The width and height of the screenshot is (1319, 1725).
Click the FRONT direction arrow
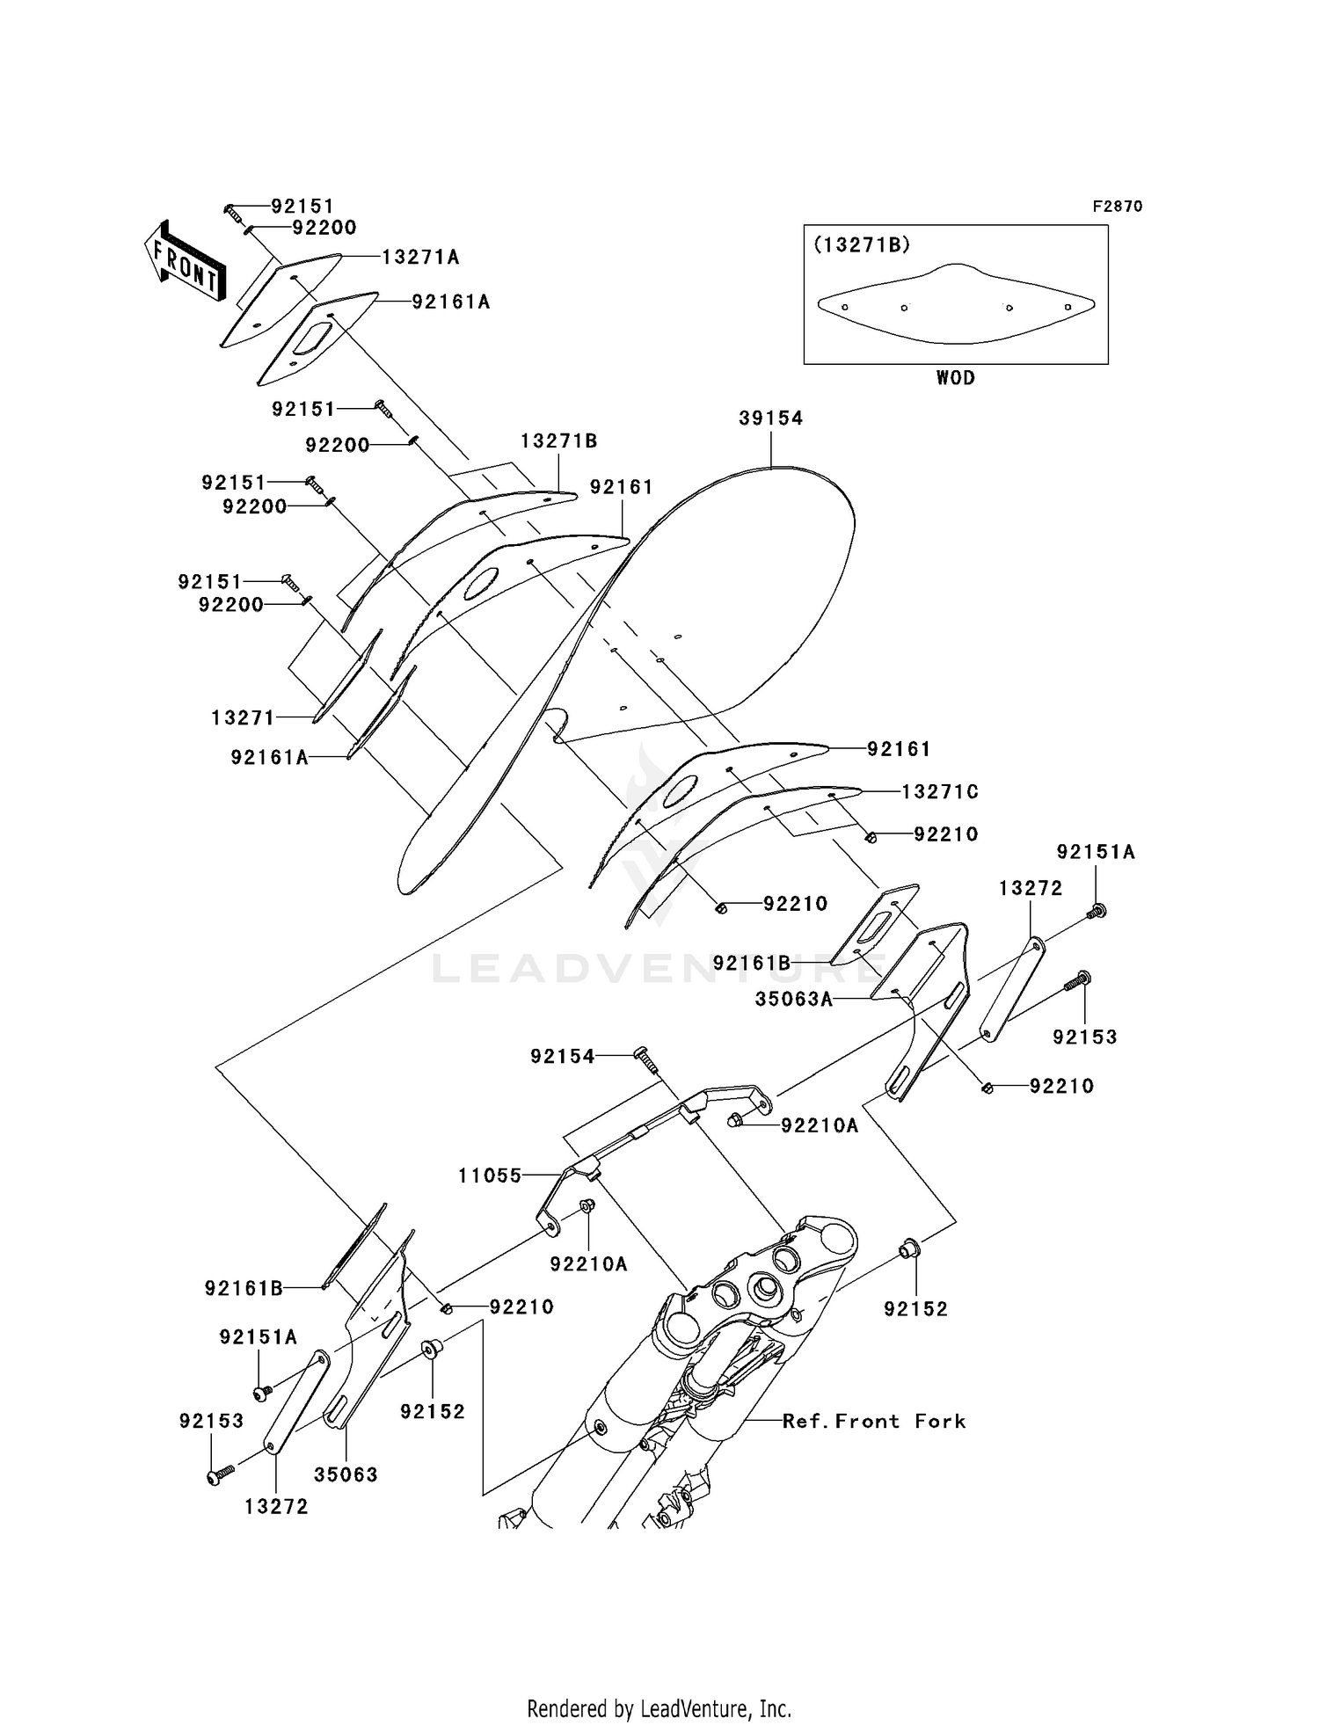(x=185, y=264)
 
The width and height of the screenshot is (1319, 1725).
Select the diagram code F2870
(x=1117, y=207)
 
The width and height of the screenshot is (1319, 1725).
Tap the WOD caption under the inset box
(x=955, y=378)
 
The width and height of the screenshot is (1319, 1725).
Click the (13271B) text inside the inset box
(x=861, y=245)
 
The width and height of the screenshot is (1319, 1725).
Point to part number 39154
(x=770, y=419)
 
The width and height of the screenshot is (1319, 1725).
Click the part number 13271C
(x=939, y=792)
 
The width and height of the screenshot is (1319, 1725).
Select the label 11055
(x=490, y=1175)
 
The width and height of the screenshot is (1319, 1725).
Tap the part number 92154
(x=562, y=1056)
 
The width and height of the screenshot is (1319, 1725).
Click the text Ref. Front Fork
(x=873, y=1422)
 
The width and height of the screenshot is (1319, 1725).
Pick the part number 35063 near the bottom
(x=346, y=1474)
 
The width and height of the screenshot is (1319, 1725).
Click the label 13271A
(x=420, y=257)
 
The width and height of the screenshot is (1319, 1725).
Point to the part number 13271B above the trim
(x=558, y=440)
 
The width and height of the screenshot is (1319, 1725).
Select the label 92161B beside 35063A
(x=752, y=963)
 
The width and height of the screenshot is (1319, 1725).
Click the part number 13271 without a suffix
(x=243, y=718)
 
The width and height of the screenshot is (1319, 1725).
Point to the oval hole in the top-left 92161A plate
(x=312, y=338)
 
